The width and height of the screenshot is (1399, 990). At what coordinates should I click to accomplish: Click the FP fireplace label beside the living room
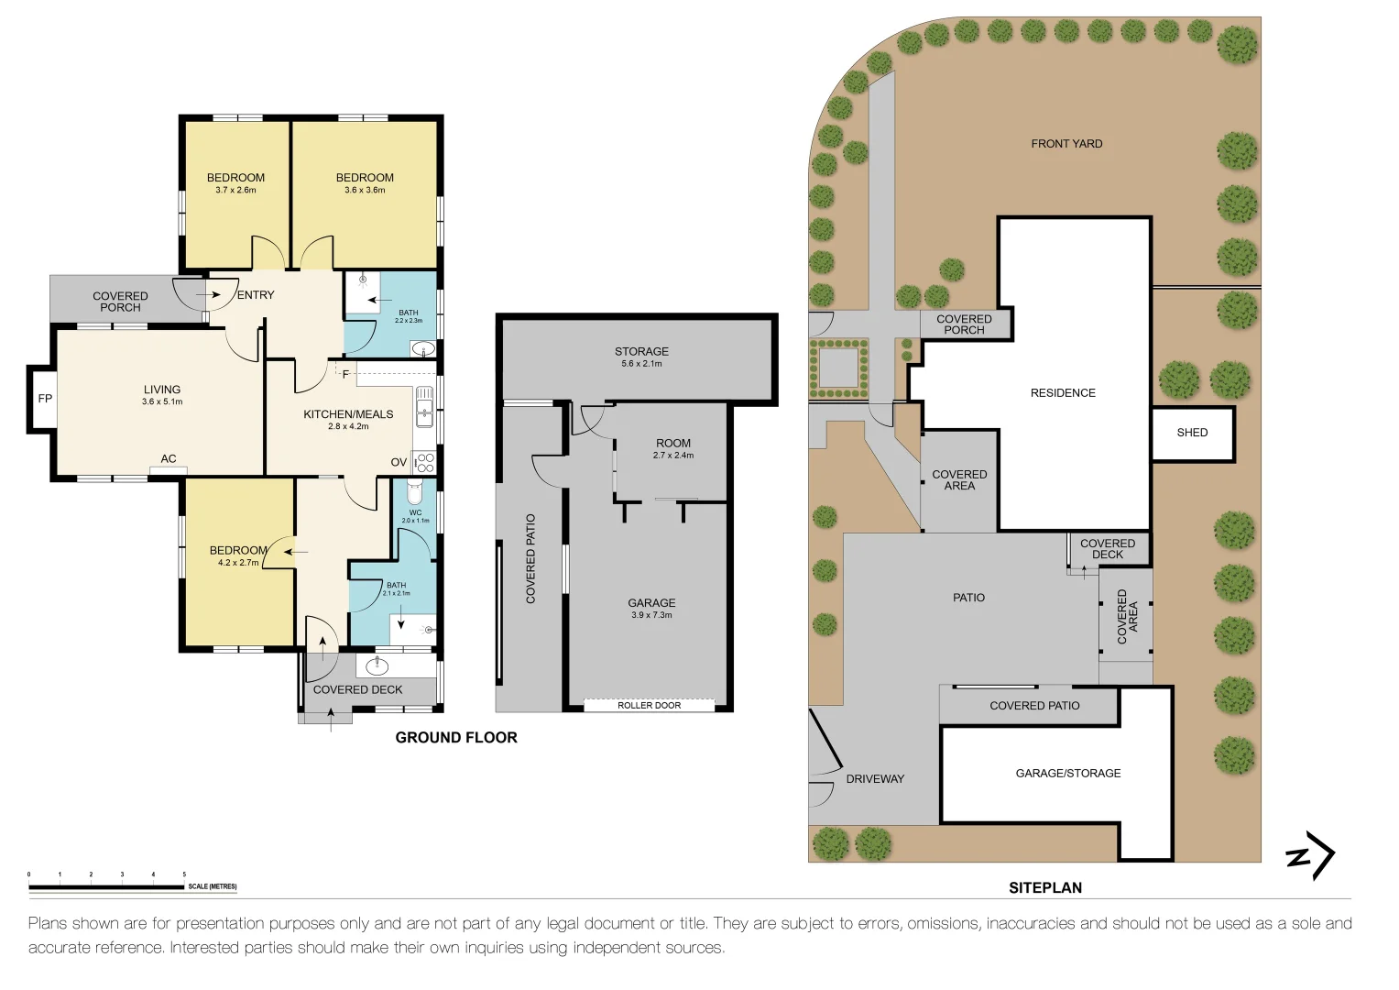[x=45, y=399]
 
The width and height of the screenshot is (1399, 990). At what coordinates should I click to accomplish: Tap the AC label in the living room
[x=169, y=459]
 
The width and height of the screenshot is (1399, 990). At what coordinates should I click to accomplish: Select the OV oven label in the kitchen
[x=399, y=462]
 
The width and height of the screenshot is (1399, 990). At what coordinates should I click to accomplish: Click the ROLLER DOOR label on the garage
[x=649, y=705]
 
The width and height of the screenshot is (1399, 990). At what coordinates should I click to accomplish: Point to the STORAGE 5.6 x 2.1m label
[x=641, y=357]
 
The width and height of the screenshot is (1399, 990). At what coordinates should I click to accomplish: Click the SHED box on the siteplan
[x=1192, y=433]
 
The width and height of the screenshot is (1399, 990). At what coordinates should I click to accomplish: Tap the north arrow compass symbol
[x=1311, y=856]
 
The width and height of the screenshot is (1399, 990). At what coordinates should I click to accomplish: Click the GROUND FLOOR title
[x=455, y=737]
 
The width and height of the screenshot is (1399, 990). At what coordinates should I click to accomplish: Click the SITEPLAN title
[x=1045, y=887]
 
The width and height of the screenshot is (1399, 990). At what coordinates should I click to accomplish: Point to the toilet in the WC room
[x=414, y=490]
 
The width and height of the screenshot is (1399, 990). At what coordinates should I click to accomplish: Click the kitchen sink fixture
[x=424, y=407]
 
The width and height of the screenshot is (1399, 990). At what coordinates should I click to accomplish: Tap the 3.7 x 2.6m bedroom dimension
[x=235, y=191]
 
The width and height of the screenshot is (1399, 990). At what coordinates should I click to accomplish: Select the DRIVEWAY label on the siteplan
[x=874, y=779]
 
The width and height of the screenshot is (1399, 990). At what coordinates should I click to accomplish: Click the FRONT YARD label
[x=1066, y=144]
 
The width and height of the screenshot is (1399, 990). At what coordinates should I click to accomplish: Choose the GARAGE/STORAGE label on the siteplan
[x=1067, y=774]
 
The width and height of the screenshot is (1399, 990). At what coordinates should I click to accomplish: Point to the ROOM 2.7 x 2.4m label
[x=673, y=448]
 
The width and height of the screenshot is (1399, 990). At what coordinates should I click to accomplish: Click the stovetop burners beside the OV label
[x=424, y=462]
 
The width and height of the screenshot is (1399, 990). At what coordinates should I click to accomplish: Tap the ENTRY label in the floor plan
[x=256, y=295]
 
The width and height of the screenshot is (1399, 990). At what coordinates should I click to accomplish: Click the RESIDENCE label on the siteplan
[x=1063, y=393]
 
